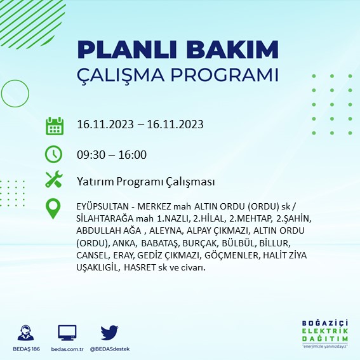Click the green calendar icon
tap(55, 125)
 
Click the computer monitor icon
tap(67, 332)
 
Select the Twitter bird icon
tap(110, 332)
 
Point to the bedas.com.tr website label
tap(67, 349)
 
